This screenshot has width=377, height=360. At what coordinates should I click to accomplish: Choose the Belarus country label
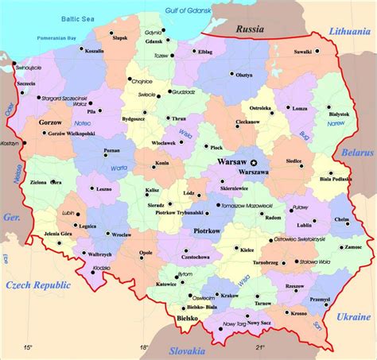click(356, 151)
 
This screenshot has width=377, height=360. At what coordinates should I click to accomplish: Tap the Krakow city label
click(230, 295)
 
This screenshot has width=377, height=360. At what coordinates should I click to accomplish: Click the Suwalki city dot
click(317, 52)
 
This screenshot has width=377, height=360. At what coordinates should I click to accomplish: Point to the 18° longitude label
click(144, 346)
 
